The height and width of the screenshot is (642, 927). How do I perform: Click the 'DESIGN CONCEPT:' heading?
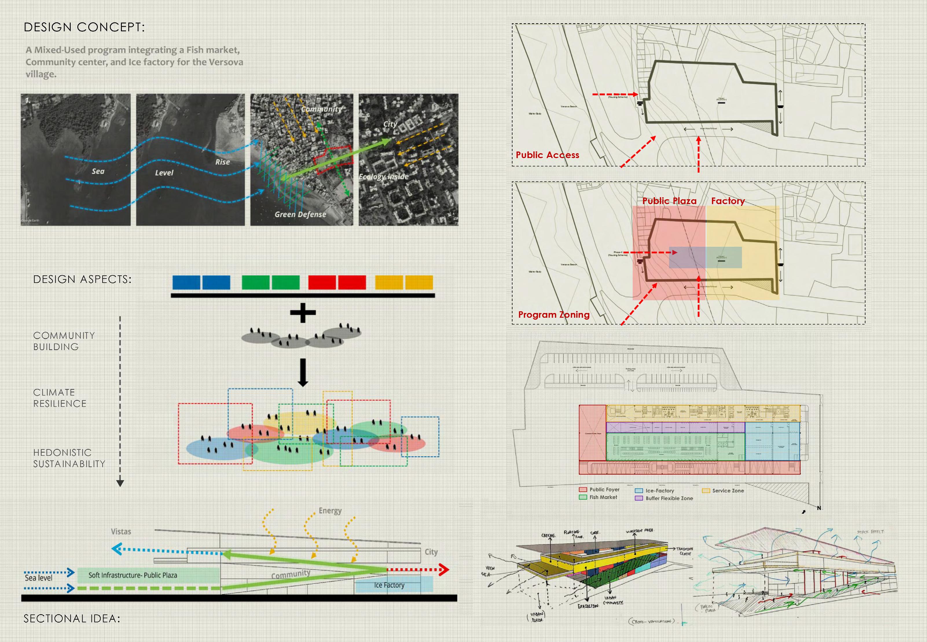84,27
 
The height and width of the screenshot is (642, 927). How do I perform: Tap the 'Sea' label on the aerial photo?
98,171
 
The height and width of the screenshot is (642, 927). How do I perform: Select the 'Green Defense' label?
300,214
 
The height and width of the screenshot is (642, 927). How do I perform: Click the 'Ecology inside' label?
383,177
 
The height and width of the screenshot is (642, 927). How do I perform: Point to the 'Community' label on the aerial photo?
321,109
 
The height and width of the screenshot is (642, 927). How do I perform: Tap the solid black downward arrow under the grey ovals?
303,372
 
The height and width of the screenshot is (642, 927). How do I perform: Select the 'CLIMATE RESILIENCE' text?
60,398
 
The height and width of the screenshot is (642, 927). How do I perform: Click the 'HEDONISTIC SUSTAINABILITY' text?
69,458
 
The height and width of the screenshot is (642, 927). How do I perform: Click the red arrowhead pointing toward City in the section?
444,569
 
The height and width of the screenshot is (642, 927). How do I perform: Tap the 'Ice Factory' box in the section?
394,585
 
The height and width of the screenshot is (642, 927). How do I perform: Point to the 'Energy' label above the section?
330,511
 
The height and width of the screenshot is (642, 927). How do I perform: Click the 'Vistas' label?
121,532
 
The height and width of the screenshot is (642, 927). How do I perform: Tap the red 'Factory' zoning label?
728,201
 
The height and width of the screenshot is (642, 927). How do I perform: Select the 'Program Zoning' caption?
554,314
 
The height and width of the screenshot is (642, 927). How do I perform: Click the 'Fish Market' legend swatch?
583,497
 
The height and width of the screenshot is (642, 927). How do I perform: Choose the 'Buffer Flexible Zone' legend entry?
669,498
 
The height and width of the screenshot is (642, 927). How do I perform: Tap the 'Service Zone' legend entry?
728,491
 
